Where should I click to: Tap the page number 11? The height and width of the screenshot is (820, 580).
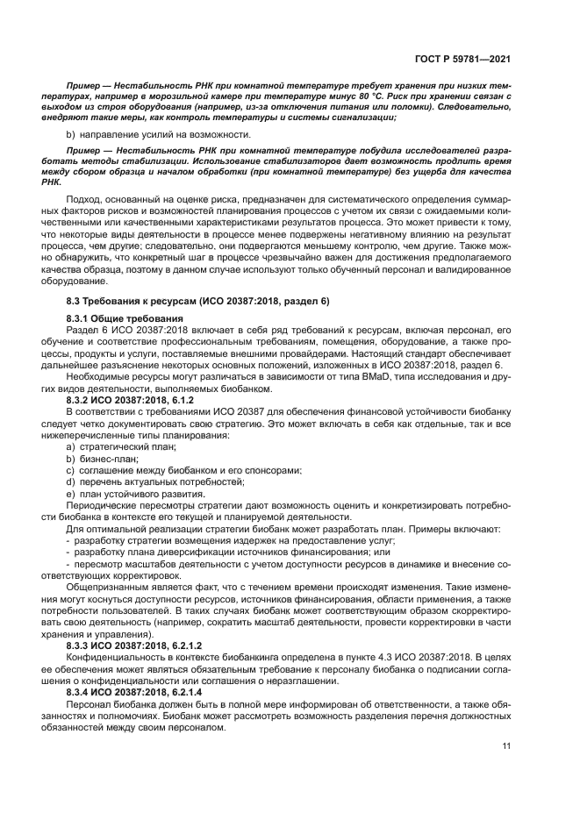(x=506, y=745)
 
